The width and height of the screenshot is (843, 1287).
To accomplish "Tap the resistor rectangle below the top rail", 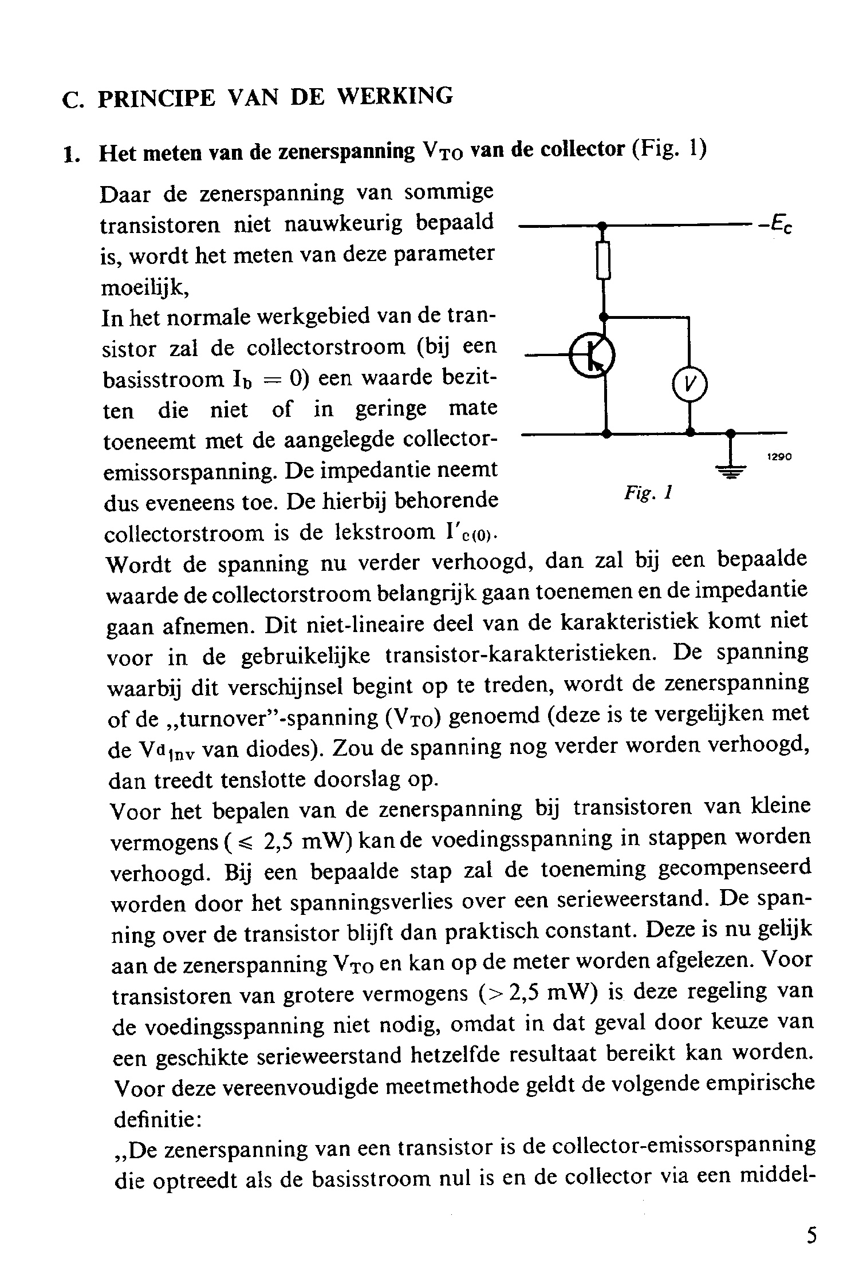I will pos(602,260).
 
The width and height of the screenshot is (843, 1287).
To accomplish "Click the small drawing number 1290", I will pos(779,457).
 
